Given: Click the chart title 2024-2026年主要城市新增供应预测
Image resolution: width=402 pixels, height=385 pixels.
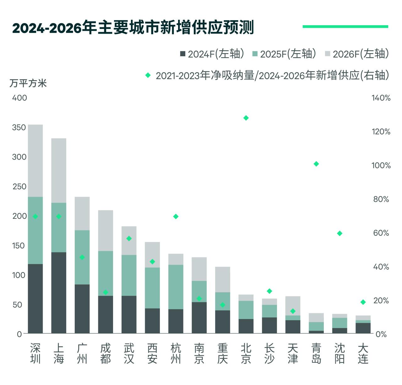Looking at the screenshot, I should tap(133, 28).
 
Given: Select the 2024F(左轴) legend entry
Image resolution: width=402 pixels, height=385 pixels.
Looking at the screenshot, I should tap(212, 54).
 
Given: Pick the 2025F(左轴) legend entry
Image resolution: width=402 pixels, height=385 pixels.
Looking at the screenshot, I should tap(285, 54).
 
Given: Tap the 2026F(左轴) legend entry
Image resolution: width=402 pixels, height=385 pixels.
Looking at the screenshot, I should tap(357, 54).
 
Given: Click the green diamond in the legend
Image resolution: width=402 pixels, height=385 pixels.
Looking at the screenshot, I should tap(148, 75).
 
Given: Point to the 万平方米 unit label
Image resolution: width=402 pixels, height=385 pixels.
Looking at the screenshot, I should tap(28, 83).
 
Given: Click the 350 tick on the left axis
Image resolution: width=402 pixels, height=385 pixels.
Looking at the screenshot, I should tap(19, 127).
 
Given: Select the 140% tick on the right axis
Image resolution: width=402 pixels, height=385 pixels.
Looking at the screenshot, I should tap(381, 98).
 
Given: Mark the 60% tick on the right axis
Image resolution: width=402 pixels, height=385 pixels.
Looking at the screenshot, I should tap(381, 233).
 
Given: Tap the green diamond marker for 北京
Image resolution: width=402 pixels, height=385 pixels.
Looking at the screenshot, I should tap(246, 118).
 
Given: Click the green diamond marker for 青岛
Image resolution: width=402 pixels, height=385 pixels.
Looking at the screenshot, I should tap(316, 164).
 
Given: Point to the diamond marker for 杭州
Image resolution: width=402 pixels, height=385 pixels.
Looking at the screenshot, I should tap(176, 216).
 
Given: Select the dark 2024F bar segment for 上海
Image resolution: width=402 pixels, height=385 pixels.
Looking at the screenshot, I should tap(59, 292).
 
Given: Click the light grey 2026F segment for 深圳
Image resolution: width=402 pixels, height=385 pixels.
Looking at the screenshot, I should tap(35, 160).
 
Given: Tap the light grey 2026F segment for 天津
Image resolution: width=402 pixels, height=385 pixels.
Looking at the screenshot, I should tap(293, 305).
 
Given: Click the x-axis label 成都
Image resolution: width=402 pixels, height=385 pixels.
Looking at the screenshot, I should tap(106, 354).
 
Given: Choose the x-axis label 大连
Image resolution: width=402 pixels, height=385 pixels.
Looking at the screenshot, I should tap(363, 354).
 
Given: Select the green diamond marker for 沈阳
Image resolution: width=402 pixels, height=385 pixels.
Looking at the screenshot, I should tap(340, 233).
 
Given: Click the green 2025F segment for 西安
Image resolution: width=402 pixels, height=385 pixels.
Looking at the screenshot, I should tap(152, 288).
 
